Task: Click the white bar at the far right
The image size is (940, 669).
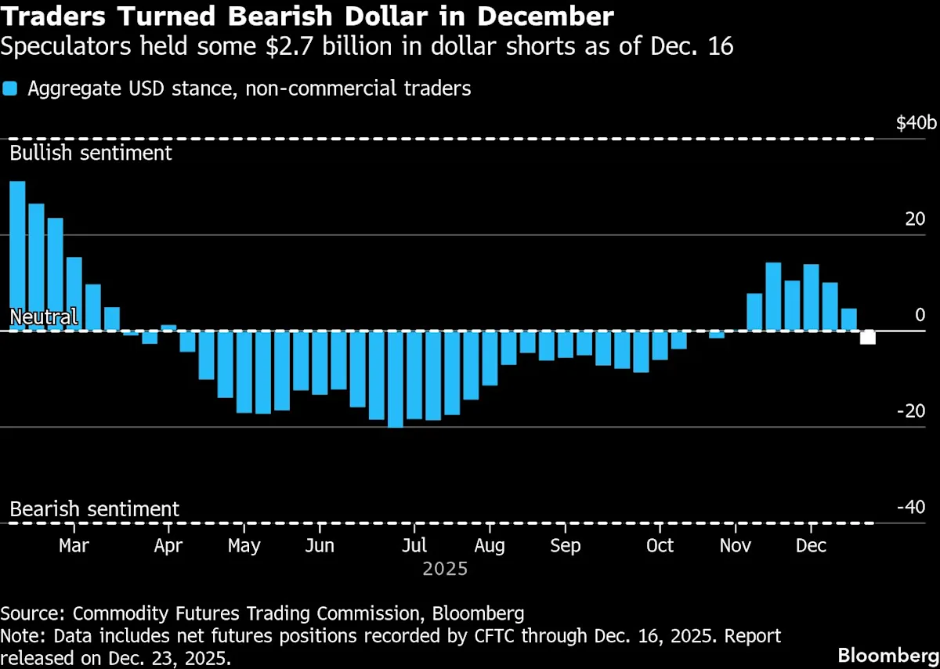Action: coord(868,338)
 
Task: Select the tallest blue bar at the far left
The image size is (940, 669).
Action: coord(17,255)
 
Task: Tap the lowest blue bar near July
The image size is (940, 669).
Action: coord(396,378)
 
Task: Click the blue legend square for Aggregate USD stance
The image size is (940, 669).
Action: coord(10,89)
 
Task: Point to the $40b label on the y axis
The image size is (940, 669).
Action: coord(916,123)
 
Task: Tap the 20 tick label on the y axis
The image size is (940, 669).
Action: coord(915,219)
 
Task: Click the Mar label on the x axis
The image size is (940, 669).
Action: coord(74,545)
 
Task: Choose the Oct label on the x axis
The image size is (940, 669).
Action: coord(660,545)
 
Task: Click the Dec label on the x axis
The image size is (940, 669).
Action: coord(812,545)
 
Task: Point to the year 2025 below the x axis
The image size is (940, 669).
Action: coord(445,569)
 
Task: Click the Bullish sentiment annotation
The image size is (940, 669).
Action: coord(91,152)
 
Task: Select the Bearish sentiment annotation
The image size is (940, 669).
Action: coord(94,509)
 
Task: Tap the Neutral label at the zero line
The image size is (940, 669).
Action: coord(43,317)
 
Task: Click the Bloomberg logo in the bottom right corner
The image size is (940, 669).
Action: coord(888,654)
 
